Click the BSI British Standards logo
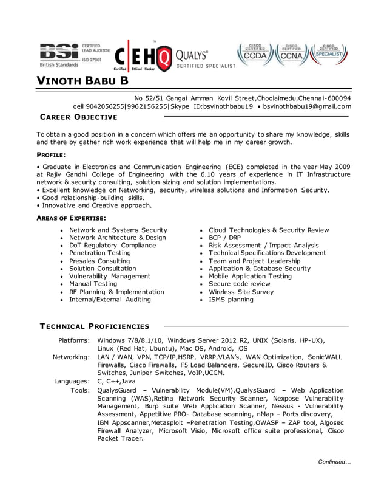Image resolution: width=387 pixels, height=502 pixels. [74, 55]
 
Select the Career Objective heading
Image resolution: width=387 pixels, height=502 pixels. [78, 117]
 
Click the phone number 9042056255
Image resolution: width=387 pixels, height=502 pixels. [106, 106]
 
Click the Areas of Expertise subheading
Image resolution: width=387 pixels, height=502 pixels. [72, 218]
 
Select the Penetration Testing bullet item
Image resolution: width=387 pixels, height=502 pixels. [99, 253]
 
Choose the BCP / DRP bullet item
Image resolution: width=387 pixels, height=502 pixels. [224, 238]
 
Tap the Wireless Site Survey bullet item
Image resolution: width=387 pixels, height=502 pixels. [241, 292]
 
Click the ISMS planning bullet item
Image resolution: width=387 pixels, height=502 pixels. [231, 300]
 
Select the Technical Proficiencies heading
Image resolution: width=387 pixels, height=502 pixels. [94, 326]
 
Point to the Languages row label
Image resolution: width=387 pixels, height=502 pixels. [72, 381]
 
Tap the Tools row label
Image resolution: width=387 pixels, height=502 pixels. [81, 390]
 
